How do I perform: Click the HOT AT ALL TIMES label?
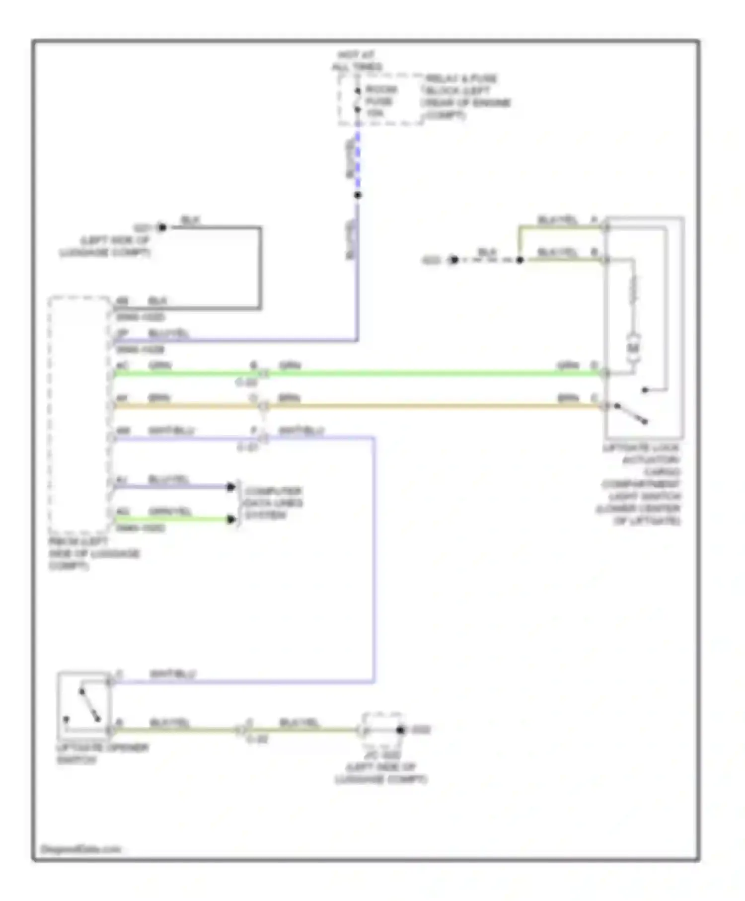point(357,61)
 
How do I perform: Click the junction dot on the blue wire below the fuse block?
point(358,195)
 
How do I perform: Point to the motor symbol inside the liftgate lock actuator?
point(633,348)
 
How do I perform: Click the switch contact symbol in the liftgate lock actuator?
point(631,413)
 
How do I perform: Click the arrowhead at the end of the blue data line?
point(230,487)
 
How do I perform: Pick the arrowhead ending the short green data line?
point(230,520)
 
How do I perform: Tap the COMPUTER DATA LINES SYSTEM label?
point(273,503)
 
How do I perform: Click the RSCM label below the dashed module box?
point(94,553)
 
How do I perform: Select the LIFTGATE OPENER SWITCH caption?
point(102,753)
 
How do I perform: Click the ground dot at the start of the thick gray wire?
point(162,227)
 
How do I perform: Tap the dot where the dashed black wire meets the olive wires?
point(520,260)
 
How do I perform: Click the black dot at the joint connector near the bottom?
point(401,730)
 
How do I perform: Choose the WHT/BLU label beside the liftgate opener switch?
point(172,674)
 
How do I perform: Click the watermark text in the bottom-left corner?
point(80,849)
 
